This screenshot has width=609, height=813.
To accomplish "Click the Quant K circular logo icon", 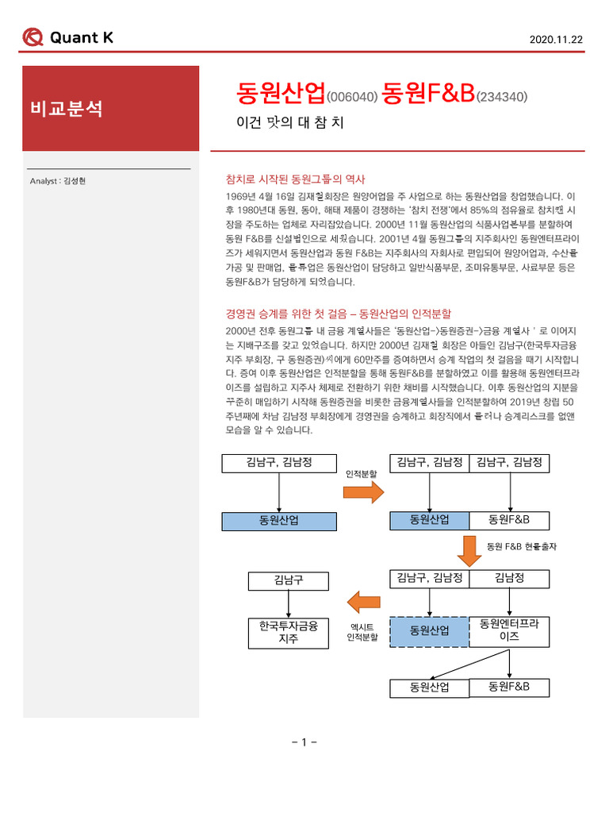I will click(33, 37).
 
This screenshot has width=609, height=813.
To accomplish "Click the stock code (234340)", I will click(501, 97).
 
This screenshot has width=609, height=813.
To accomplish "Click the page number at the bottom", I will click(304, 742).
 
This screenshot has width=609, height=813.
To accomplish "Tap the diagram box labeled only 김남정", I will click(509, 578).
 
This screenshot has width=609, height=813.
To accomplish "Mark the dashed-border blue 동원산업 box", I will click(429, 630).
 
